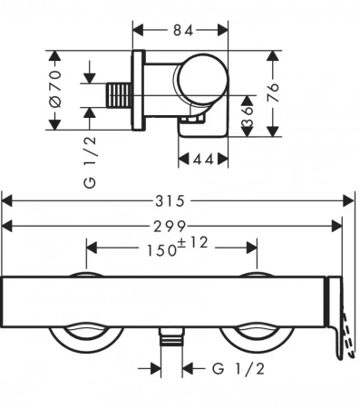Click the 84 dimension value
pyautogui.click(x=183, y=31)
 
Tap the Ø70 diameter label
pyautogui.click(x=55, y=89)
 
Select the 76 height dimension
pyautogui.click(x=273, y=92)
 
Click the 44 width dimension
pyautogui.click(x=203, y=160)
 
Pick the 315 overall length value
pyautogui.click(x=170, y=201)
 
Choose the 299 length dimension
pyautogui.click(x=170, y=227)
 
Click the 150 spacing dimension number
pyautogui.click(x=161, y=250)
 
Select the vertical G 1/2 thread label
pyautogui.click(x=91, y=162)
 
